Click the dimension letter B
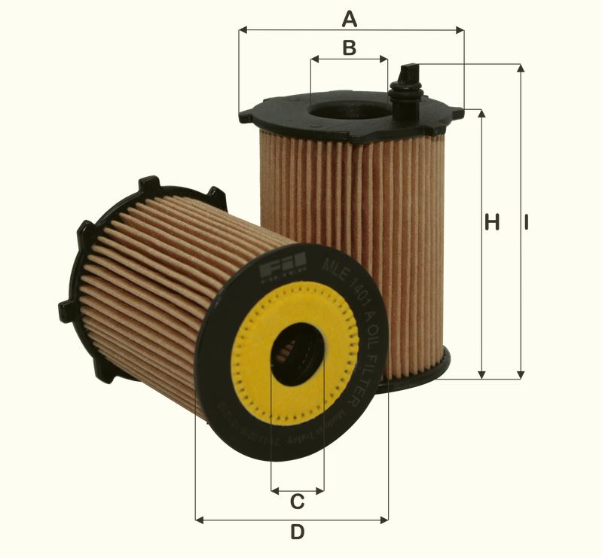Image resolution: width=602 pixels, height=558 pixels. click(349, 47)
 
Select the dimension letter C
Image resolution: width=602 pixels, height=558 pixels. click(297, 501)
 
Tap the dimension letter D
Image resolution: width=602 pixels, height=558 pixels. click(298, 532)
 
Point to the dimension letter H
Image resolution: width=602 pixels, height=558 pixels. click(492, 222)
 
